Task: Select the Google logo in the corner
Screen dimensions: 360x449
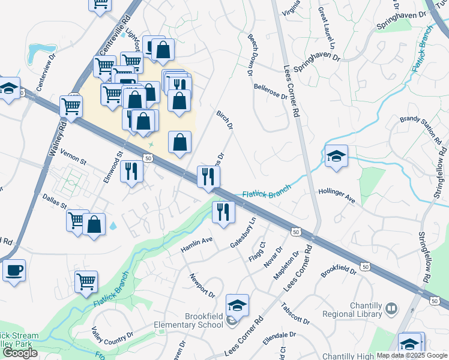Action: tap(19, 353)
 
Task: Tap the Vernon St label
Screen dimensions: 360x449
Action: tap(74, 161)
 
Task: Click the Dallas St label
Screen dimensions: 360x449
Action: tap(54, 200)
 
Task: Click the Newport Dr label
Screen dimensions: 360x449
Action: tap(202, 286)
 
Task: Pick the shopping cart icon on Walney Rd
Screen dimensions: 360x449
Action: tap(71, 107)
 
